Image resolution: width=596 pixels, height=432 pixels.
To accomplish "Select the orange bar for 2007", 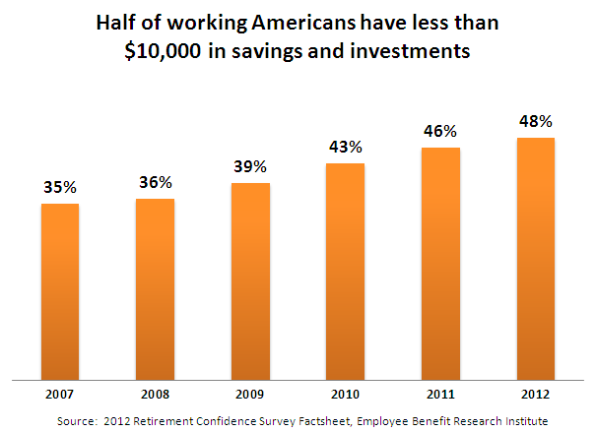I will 60,290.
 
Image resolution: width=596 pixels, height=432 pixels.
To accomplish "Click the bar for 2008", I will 155,288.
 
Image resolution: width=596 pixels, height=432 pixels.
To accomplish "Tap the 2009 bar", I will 250,280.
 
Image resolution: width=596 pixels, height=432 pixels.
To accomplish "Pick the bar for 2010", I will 345,271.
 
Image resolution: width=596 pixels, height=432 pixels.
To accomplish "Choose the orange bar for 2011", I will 440,263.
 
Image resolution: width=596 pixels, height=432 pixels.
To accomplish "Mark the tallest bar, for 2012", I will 535,258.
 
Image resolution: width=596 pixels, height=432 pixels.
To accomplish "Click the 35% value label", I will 60,187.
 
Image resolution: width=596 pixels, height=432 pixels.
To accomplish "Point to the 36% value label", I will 156,182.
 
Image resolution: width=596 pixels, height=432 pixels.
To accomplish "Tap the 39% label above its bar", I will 250,166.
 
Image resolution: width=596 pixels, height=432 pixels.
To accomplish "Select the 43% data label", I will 345,147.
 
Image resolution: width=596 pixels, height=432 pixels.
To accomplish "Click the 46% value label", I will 440,131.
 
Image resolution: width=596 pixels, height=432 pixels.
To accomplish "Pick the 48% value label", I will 535,121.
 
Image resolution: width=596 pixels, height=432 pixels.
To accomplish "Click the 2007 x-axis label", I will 60,395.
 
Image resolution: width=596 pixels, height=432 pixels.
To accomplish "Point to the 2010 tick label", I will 345,395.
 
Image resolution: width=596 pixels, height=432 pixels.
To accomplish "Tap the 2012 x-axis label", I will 535,395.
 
